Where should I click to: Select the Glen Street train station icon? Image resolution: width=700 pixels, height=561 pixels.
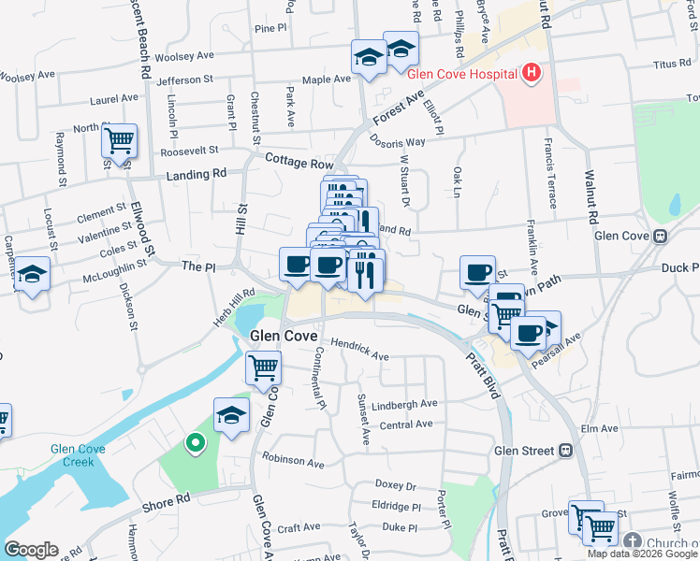click(565, 451)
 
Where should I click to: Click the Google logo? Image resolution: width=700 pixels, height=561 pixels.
click(32, 550)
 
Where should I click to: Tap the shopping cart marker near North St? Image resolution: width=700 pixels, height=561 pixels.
click(119, 141)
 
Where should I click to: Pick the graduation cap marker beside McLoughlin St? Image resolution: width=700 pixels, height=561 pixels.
click(33, 275)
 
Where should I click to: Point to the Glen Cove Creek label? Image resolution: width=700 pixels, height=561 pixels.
click(79, 456)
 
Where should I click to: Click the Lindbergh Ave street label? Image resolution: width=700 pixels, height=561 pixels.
click(404, 404)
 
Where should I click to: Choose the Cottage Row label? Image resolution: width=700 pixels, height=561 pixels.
click(299, 163)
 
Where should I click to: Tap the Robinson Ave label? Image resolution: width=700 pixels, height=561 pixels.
click(293, 461)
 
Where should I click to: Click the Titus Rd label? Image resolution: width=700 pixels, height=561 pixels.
click(671, 65)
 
